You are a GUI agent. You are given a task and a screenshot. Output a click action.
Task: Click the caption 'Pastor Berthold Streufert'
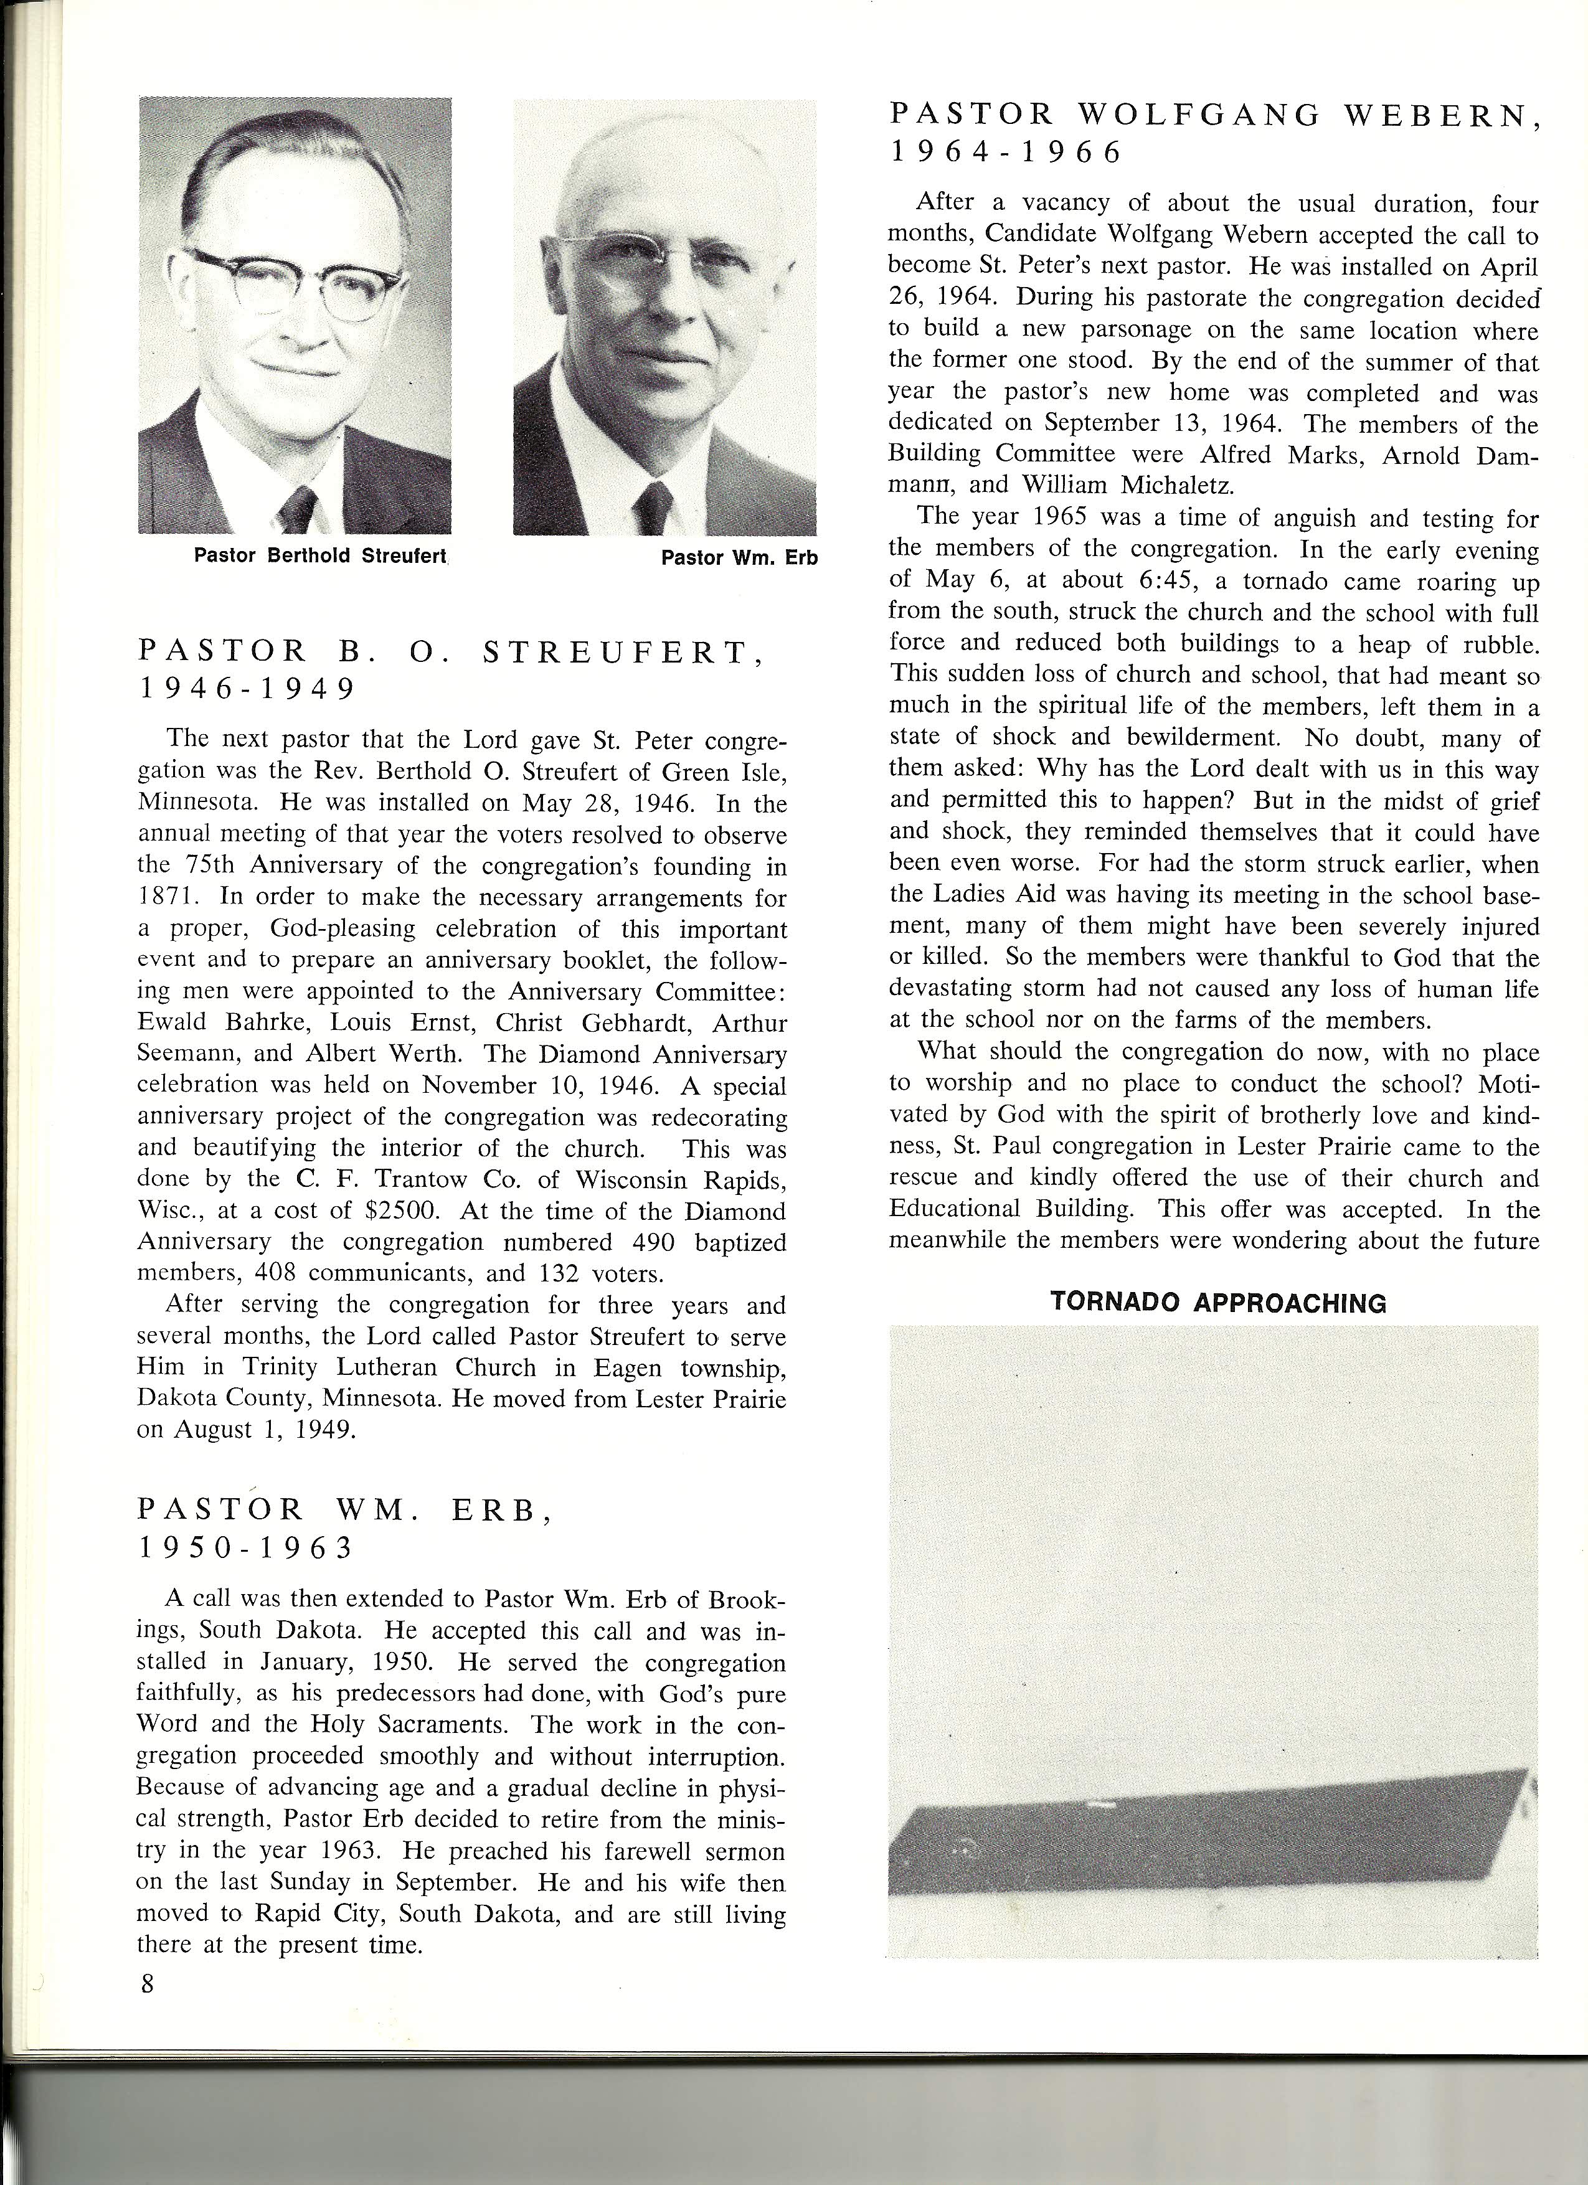point(321,556)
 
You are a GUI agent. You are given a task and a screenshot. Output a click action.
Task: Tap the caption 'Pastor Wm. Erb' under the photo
point(739,558)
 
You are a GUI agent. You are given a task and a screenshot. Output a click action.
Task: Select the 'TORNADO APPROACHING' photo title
point(1218,1303)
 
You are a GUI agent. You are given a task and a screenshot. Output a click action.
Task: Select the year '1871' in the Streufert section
point(169,897)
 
